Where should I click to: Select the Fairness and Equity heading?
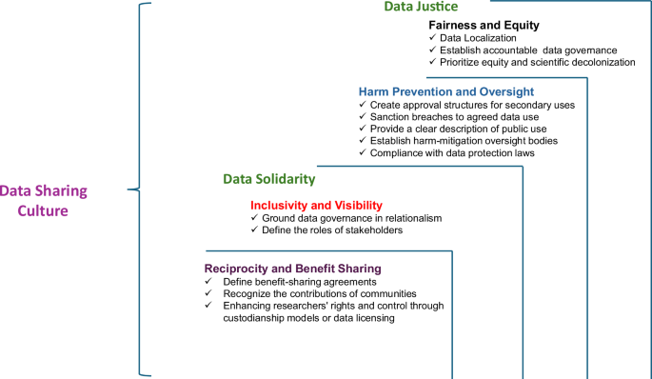click(x=484, y=25)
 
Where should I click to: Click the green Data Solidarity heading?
click(x=269, y=179)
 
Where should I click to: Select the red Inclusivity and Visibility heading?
click(x=316, y=205)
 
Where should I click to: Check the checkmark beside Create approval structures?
click(x=361, y=104)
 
